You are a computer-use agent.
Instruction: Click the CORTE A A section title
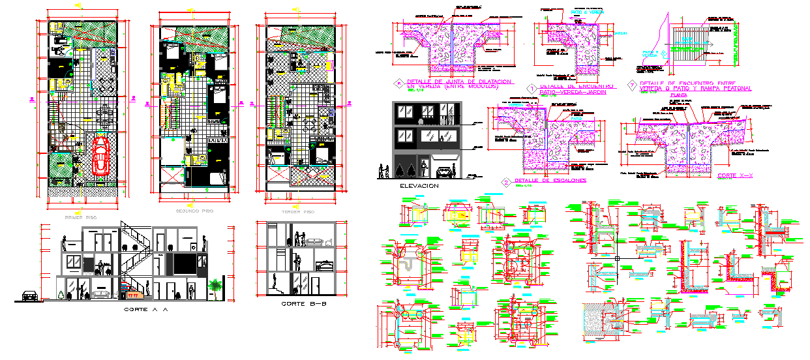(145, 310)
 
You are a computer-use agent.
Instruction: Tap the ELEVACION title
(419, 187)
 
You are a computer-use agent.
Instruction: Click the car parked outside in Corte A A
(29, 295)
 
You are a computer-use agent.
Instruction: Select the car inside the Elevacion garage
(444, 172)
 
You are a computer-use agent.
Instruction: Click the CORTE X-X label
(735, 176)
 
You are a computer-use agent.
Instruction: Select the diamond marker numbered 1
(532, 87)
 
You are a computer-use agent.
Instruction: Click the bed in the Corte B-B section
(324, 266)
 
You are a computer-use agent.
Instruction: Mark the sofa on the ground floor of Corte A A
(102, 295)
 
